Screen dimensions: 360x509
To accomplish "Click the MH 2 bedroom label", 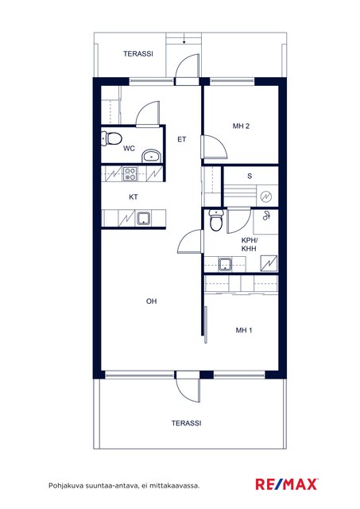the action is (x=241, y=126).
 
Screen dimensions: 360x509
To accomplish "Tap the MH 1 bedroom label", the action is (x=244, y=330).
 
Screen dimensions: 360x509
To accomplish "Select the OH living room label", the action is (x=152, y=301).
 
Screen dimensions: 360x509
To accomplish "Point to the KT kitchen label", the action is (x=134, y=197).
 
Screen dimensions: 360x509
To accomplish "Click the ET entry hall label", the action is (x=182, y=139).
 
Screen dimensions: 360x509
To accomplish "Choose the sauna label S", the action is (x=250, y=176).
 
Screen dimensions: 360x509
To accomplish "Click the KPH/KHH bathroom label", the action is (x=249, y=244).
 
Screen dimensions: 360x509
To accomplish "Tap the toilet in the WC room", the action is (x=111, y=138).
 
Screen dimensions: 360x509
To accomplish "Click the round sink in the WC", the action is (x=151, y=156).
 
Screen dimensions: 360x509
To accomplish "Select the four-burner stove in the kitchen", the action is (x=130, y=173).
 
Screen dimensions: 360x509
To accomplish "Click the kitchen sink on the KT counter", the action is (x=143, y=219).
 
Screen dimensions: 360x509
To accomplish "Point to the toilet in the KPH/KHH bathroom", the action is (x=215, y=220).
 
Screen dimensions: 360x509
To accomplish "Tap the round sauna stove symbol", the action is (x=266, y=196).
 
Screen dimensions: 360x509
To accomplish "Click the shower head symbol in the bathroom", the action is (x=266, y=216).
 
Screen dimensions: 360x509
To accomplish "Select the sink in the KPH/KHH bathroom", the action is (x=225, y=264).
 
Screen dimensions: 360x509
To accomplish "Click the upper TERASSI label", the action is (x=138, y=54).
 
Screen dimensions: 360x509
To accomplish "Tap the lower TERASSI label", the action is (x=187, y=423).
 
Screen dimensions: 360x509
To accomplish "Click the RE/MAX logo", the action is (x=287, y=484).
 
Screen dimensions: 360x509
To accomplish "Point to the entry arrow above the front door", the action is (x=184, y=41).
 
